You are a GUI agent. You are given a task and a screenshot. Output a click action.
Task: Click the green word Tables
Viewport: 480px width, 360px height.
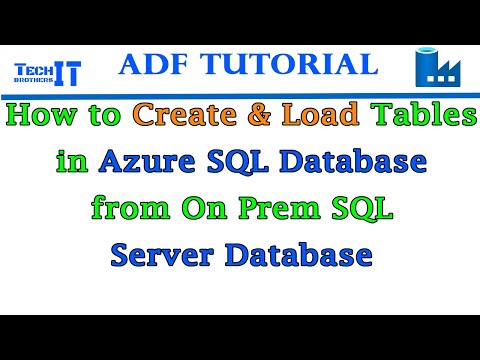[426, 118]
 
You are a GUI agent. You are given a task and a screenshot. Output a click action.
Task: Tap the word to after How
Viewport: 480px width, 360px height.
[102, 118]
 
